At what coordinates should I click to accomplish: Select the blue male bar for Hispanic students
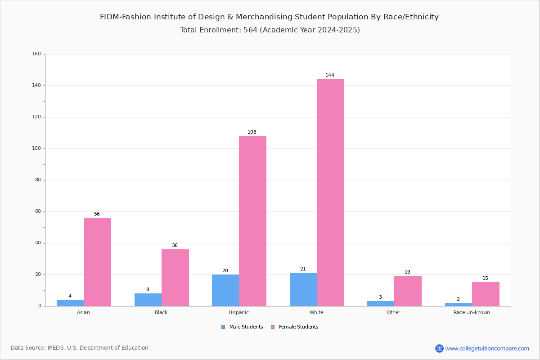point(225,290)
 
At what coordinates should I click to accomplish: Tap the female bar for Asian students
point(97,262)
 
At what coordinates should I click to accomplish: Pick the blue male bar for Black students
point(148,300)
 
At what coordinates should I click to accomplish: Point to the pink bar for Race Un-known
point(486,294)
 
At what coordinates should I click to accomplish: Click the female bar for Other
point(408,291)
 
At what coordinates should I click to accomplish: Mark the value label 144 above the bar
point(330,76)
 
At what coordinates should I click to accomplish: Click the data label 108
point(252,132)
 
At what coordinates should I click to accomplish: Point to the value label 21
point(303,269)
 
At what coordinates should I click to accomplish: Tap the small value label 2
point(458,299)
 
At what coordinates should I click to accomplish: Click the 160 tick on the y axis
point(36,54)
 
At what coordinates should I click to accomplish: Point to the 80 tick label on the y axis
point(38,180)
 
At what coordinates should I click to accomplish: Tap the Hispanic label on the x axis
point(238,312)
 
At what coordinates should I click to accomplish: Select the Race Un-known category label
point(472,312)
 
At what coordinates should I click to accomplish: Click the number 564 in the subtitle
point(251,30)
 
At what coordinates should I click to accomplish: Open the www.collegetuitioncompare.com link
point(487,348)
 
